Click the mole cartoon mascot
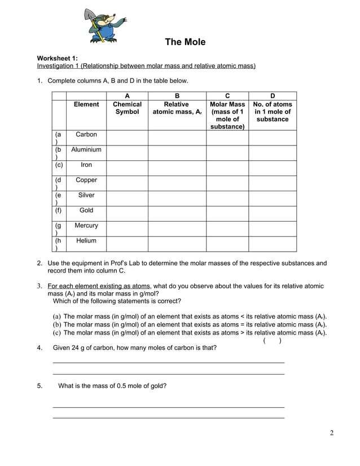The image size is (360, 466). coord(104,27)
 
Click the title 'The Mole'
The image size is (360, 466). coord(185,42)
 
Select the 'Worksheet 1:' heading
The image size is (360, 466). coord(58,58)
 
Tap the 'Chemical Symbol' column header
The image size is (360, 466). coord(127,108)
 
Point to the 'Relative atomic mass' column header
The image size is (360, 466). coord(177,108)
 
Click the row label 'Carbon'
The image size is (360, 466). coord(86,135)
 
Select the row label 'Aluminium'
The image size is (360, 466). coord(86,150)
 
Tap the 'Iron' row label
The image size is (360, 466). coord(86,165)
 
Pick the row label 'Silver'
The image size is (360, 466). coord(86,195)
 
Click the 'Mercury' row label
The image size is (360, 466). coord(86,226)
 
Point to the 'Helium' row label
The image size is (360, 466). coord(86,241)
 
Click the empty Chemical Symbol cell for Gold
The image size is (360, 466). coord(127,213)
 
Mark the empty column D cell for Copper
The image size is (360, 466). coord(273,183)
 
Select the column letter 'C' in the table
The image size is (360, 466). coord(227,96)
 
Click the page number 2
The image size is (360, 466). coord(332,433)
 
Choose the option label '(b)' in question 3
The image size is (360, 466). coord(57,324)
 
